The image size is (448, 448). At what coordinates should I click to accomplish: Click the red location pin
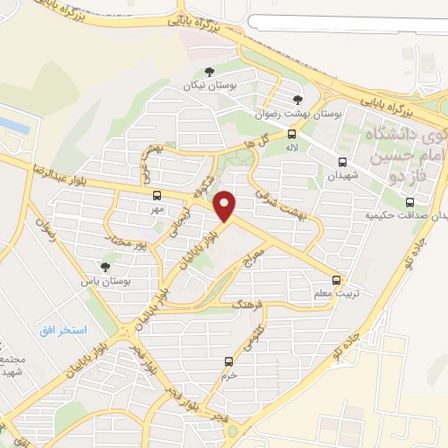226,206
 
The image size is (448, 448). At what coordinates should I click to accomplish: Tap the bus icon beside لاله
292,135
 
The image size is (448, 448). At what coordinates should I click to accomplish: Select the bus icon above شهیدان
341,161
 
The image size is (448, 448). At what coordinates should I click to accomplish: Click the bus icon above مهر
157,196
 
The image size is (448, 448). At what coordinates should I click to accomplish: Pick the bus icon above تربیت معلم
338,280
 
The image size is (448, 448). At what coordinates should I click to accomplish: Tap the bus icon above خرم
229,361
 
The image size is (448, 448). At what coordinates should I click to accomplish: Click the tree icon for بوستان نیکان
208,72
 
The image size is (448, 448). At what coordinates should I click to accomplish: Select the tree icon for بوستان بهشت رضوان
297,100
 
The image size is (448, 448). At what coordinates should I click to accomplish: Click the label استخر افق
62,330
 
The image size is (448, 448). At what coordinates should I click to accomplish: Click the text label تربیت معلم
337,294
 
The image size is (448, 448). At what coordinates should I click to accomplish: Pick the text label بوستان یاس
105,281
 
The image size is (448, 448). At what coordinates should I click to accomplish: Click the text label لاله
292,148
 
